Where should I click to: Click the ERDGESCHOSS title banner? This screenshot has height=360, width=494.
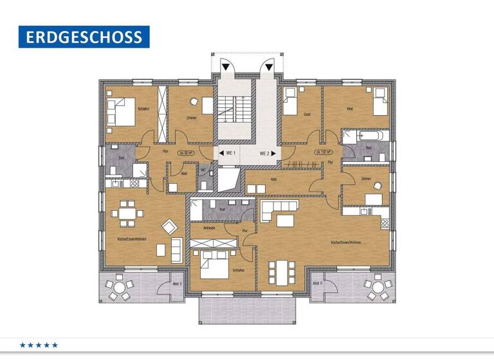[x=84, y=37]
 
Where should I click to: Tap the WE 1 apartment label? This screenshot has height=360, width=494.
[x=230, y=154]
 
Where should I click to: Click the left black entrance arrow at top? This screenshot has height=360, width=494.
[x=226, y=66]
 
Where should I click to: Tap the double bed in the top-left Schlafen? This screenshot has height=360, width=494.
[x=121, y=111]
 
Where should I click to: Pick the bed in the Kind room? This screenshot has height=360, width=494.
[x=380, y=103]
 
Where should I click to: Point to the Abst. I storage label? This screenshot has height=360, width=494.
[x=178, y=283]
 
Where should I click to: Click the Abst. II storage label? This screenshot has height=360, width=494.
[x=317, y=283]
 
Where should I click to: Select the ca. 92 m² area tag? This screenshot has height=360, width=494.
[x=187, y=153]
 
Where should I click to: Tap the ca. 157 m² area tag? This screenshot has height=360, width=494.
[x=323, y=153]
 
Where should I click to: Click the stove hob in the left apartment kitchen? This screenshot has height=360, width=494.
[x=135, y=183]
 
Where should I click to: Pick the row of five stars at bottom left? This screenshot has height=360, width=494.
[x=39, y=345]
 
